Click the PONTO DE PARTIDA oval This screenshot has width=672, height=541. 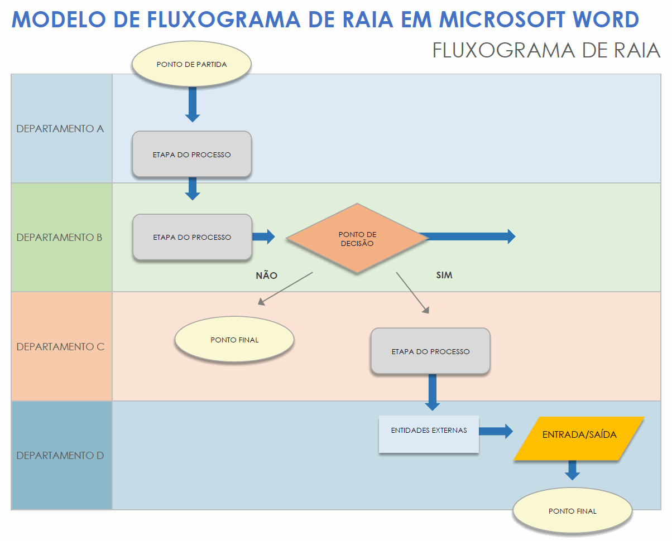tap(191, 64)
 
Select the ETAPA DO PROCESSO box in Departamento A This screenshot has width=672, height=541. tap(191, 154)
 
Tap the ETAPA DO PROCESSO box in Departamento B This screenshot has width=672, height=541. tap(191, 237)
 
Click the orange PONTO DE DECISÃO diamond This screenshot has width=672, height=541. tap(357, 238)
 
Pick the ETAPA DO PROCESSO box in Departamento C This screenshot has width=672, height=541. tap(430, 351)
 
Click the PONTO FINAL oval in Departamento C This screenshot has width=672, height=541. tap(234, 340)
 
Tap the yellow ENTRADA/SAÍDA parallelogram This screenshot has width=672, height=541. tap(579, 438)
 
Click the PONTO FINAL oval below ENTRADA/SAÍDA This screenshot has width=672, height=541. tap(572, 511)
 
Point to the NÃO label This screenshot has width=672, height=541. tap(266, 276)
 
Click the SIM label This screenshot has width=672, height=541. tap(444, 276)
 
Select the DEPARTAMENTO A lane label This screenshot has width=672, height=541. tap(60, 129)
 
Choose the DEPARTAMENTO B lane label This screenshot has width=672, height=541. tap(60, 238)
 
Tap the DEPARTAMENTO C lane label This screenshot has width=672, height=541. tap(60, 346)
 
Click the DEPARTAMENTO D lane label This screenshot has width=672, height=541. tap(60, 456)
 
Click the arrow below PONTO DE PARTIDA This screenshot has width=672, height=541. tap(193, 104)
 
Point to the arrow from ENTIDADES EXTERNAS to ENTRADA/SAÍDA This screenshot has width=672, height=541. tap(496, 431)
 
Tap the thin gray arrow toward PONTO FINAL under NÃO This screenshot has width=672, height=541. tap(285, 288)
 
